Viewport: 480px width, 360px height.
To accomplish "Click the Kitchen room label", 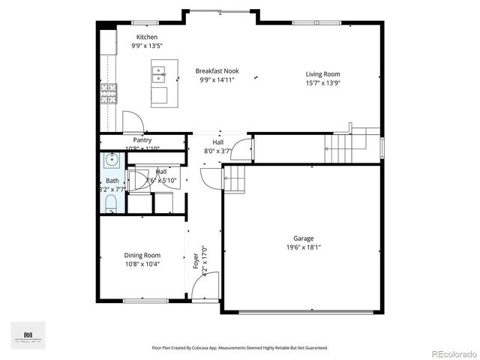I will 147,37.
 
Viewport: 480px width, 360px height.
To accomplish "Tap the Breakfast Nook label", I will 217,71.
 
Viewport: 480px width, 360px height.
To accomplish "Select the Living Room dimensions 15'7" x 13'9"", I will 323,82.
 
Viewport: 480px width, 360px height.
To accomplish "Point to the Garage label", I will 304,238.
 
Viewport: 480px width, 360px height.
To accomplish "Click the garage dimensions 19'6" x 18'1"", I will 304,247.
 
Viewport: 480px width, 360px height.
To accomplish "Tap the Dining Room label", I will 142,256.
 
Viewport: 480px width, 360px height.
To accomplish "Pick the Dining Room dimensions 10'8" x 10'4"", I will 142,264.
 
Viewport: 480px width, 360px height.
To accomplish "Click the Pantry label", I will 142,140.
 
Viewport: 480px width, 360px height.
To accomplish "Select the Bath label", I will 112,181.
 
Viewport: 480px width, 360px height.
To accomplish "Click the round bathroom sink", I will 112,160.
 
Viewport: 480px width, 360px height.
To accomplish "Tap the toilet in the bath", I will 111,202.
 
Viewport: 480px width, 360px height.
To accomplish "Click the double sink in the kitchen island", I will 159,73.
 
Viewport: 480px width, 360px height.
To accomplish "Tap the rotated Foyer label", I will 197,259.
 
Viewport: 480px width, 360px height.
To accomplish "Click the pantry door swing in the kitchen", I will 132,122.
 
